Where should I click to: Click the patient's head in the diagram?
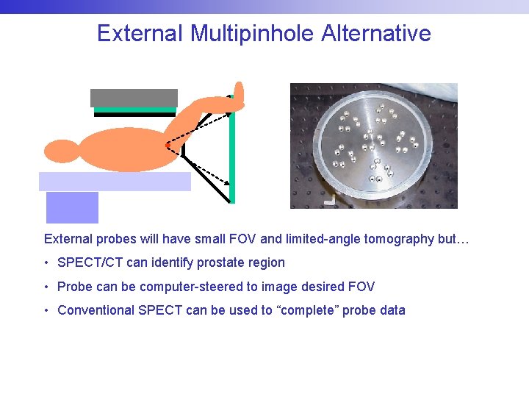[x=61, y=151]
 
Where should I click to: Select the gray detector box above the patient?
[x=134, y=98]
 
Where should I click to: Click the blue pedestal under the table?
[x=72, y=207]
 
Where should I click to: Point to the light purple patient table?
[x=115, y=181]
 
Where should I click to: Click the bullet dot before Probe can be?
[x=46, y=287]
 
